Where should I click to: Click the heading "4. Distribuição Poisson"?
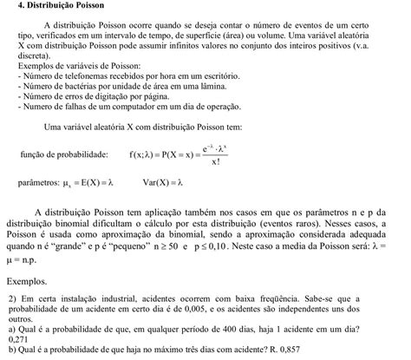55,6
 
